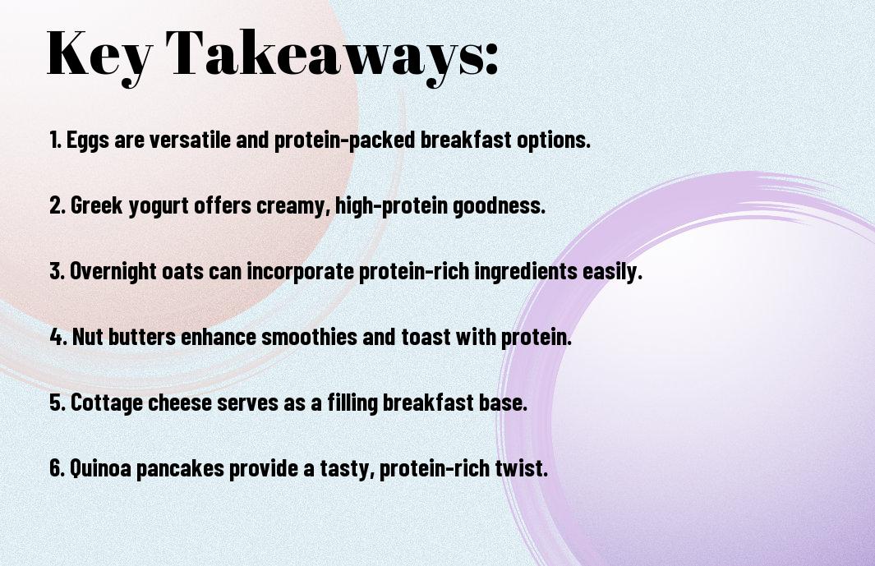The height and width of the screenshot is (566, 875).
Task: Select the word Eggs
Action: pyautogui.click(x=88, y=140)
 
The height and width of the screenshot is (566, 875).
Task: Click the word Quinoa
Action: pyautogui.click(x=100, y=467)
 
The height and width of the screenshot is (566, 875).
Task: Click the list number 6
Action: pyautogui.click(x=57, y=467)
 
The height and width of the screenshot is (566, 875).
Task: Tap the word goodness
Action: pyautogui.click(x=499, y=206)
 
